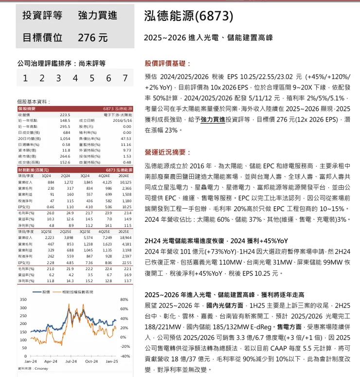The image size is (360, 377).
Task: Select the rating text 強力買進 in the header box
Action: click(97, 15)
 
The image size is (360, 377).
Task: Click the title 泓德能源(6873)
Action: click(189, 16)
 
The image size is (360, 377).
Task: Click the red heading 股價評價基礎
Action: click(167, 63)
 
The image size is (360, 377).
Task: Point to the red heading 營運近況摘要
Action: click(167, 152)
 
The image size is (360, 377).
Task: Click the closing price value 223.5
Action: click(65, 115)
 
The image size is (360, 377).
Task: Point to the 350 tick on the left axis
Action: click(23, 299)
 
